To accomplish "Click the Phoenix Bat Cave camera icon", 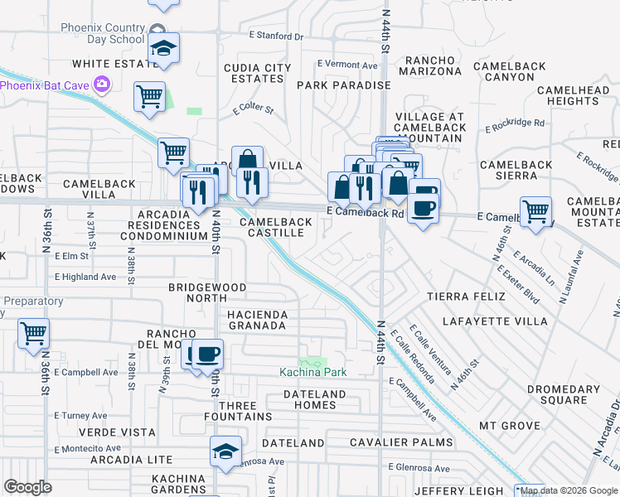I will pyautogui.click(x=102, y=84).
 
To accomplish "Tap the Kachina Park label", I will pyautogui.click(x=312, y=372).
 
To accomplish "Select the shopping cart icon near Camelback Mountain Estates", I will pyautogui.click(x=536, y=212).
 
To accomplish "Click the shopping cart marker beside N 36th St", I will pyautogui.click(x=34, y=334).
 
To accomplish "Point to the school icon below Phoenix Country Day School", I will pyautogui.click(x=164, y=48).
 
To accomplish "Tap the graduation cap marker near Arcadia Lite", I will pyautogui.click(x=225, y=451).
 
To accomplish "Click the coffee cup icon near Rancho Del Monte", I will pyautogui.click(x=207, y=355).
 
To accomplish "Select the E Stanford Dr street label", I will pyautogui.click(x=277, y=36).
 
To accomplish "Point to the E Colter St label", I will pyautogui.click(x=253, y=109).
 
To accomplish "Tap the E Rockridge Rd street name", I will pyautogui.click(x=515, y=124).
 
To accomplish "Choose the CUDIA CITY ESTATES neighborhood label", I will pyautogui.click(x=257, y=73).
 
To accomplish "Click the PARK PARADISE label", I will pyautogui.click(x=343, y=85).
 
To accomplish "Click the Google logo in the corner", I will pyautogui.click(x=28, y=487).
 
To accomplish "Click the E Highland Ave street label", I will pyautogui.click(x=86, y=277).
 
